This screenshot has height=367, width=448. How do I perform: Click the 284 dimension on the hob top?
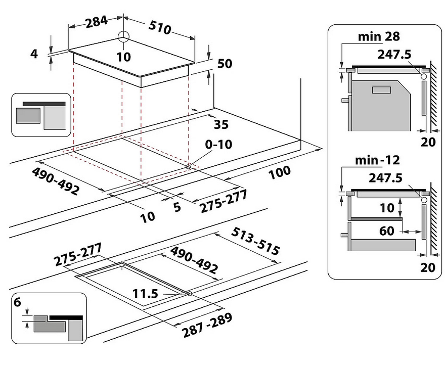[96, 21]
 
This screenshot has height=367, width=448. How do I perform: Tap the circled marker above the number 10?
[123, 37]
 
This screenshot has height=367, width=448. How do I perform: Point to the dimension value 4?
[34, 53]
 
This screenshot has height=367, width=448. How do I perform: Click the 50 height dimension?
[224, 64]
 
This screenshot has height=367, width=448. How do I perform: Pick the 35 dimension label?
[221, 124]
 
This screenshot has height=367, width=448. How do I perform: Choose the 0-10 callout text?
[218, 145]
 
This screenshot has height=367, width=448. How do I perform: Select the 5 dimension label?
[177, 207]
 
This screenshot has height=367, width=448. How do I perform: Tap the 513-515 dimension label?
[255, 241]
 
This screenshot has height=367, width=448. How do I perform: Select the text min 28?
[379, 36]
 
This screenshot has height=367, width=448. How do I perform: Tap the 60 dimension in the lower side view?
[387, 231]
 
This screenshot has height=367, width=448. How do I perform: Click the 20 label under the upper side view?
[428, 142]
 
